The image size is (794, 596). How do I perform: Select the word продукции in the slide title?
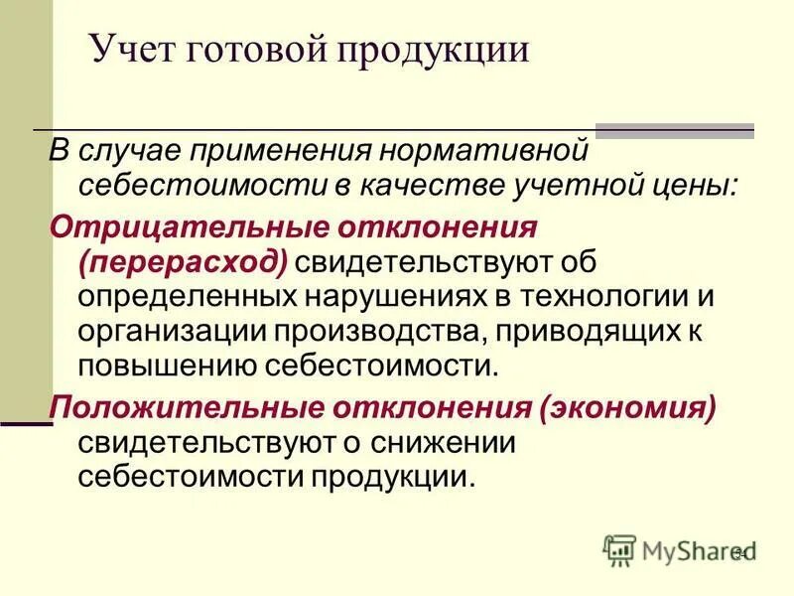coord(434,52)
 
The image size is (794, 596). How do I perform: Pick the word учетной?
coord(586,186)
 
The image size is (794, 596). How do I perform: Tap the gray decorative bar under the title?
coord(674,130)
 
